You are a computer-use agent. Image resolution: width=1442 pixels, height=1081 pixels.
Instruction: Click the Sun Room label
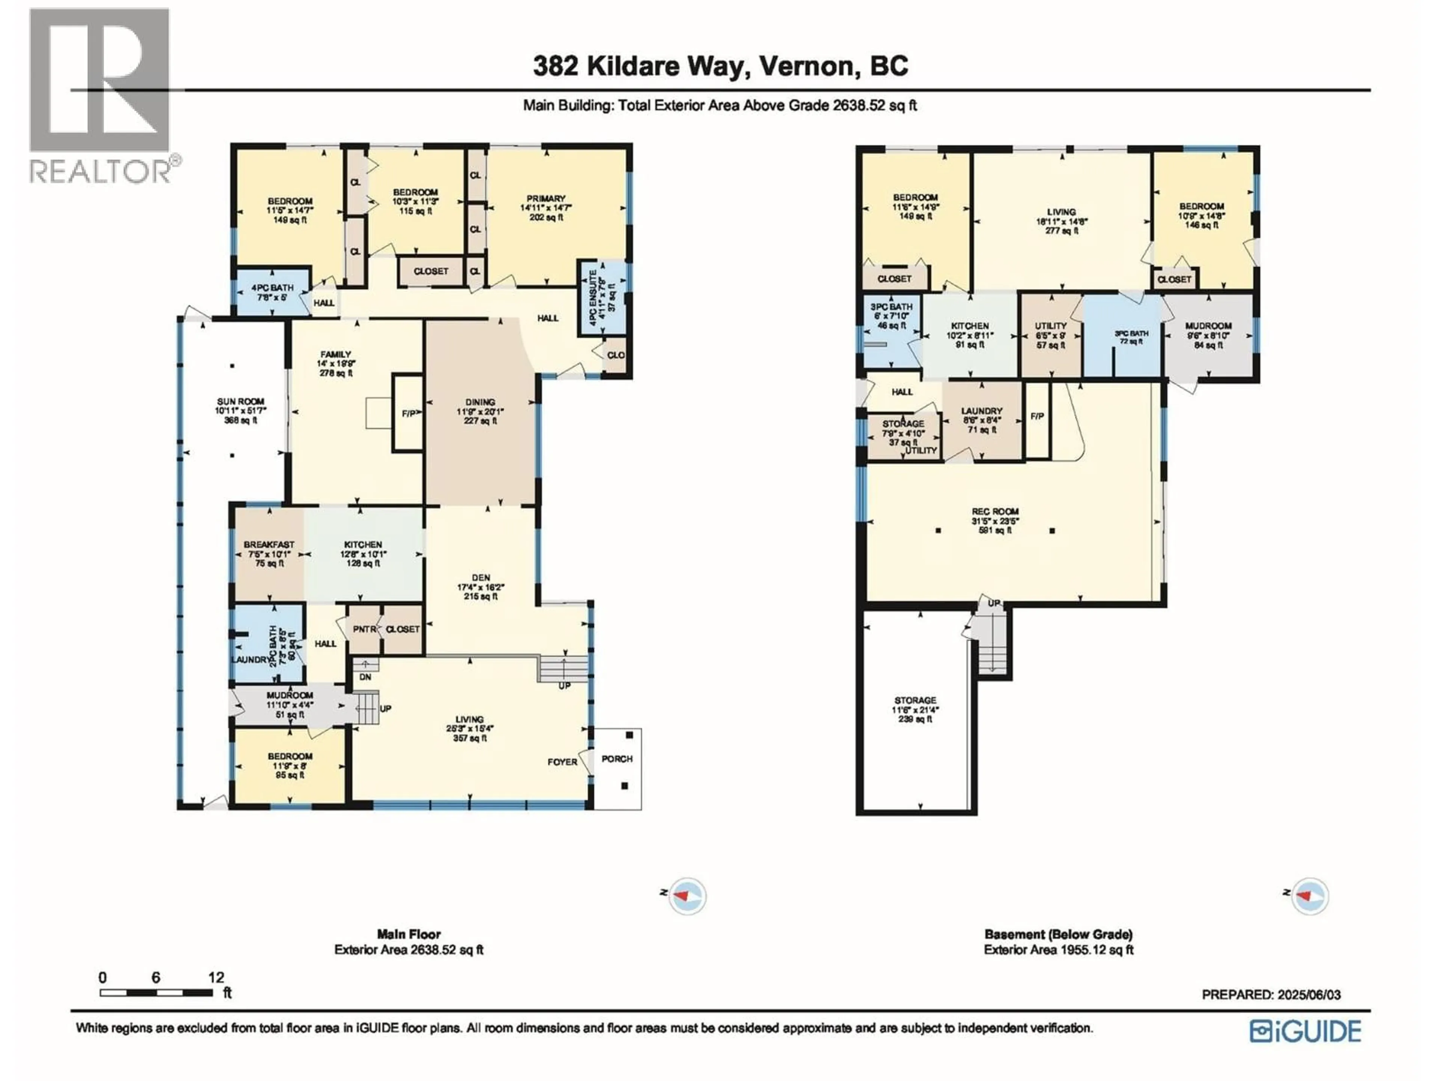pyautogui.click(x=241, y=402)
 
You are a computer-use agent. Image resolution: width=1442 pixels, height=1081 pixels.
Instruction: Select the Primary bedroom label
pyautogui.click(x=546, y=199)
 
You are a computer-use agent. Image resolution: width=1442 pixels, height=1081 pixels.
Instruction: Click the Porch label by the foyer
pyautogui.click(x=617, y=759)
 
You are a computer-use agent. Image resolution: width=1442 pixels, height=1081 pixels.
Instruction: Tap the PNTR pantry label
pyautogui.click(x=364, y=629)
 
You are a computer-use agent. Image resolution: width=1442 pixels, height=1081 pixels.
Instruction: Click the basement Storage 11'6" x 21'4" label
pyautogui.click(x=915, y=700)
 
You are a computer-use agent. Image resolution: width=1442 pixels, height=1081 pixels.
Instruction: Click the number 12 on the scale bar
pyautogui.click(x=216, y=977)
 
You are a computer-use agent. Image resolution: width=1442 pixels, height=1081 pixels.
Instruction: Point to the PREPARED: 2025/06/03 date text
pyautogui.click(x=1271, y=995)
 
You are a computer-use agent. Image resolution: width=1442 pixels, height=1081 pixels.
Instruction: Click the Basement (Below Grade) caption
pyautogui.click(x=1058, y=934)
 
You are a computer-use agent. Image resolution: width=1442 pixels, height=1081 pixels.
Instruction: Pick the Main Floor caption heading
pyautogui.click(x=409, y=934)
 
